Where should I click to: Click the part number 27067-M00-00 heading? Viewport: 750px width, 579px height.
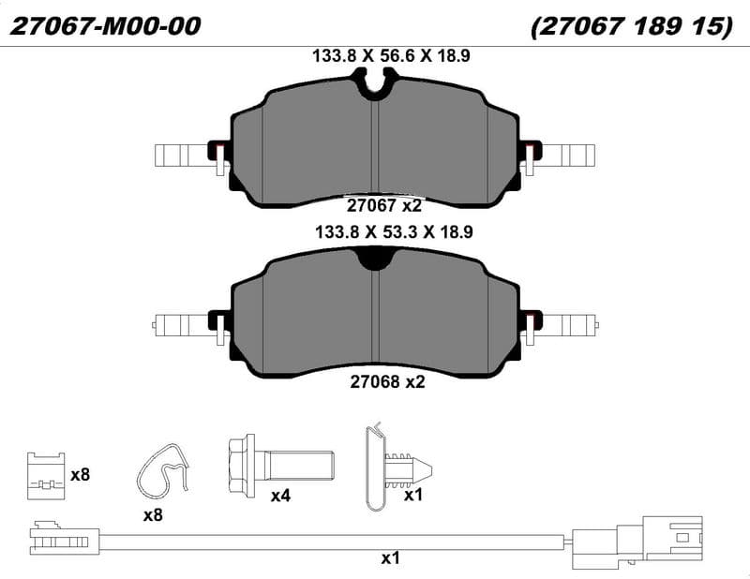105,26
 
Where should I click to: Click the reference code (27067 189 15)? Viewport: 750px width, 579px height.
632,26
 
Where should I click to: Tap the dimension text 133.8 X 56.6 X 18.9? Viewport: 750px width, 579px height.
391,56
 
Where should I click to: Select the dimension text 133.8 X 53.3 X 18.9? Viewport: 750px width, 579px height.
394,232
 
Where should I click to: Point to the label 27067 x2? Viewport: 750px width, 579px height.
384,205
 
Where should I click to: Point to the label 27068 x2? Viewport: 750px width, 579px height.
387,382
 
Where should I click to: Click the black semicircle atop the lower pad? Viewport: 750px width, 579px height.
376,259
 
